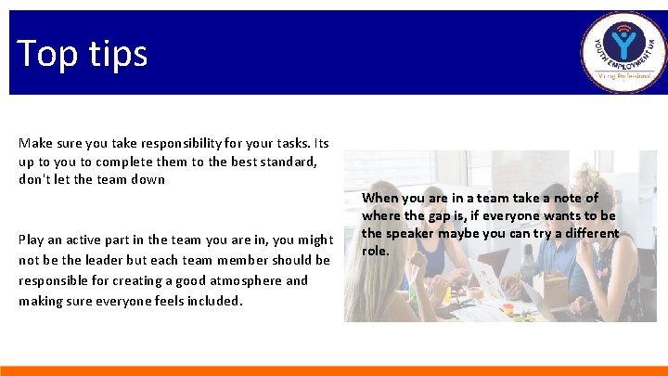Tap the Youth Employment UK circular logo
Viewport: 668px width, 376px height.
623,52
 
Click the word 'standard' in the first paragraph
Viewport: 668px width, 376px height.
289,162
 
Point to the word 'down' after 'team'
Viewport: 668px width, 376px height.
148,179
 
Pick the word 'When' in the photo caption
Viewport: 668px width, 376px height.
379,198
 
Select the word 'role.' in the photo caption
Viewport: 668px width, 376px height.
375,251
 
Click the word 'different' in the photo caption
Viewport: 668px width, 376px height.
589,233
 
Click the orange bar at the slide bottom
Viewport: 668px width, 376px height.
334,370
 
